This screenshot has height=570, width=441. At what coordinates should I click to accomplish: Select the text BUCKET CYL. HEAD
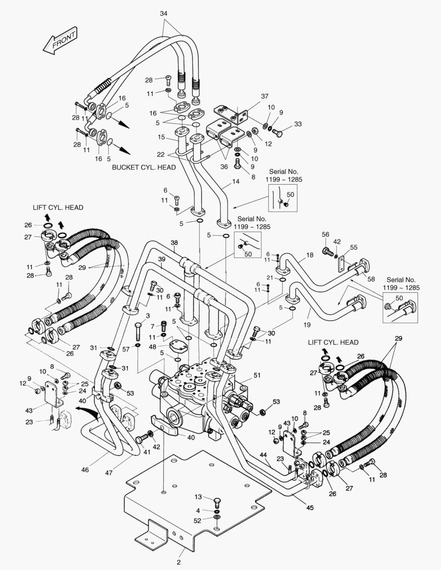[144, 167]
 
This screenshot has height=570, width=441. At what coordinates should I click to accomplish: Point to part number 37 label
[265, 96]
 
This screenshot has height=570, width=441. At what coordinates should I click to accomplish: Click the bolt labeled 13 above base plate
[217, 499]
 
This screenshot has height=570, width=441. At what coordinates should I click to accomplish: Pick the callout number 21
[269, 278]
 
